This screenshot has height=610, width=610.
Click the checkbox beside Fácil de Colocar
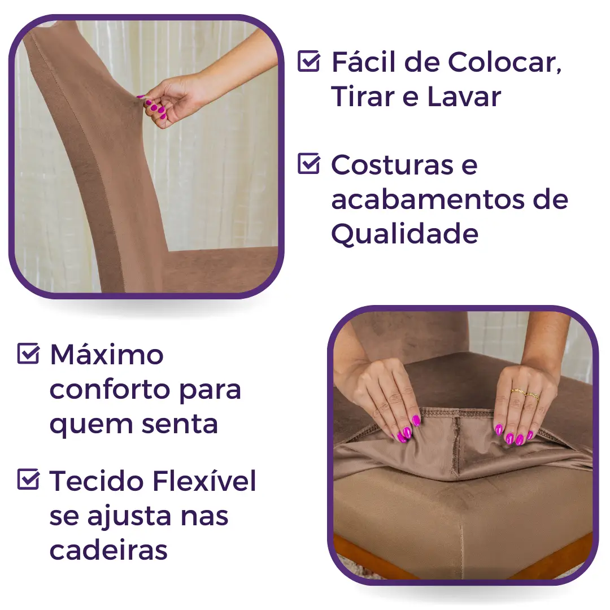[309, 61]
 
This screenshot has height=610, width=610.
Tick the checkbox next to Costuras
[309, 163]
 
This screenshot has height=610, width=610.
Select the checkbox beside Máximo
[28, 353]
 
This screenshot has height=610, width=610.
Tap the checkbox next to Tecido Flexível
[28, 479]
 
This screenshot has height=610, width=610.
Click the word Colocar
[504, 62]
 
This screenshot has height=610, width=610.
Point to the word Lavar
[464, 97]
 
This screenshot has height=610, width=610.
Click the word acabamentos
[428, 199]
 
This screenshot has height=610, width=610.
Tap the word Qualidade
[404, 234]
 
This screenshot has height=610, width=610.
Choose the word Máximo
[107, 354]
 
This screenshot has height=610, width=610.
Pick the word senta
[180, 424]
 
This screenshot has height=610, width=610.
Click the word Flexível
[204, 481]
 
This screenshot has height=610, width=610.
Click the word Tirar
[363, 97]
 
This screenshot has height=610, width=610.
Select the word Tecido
[97, 481]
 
